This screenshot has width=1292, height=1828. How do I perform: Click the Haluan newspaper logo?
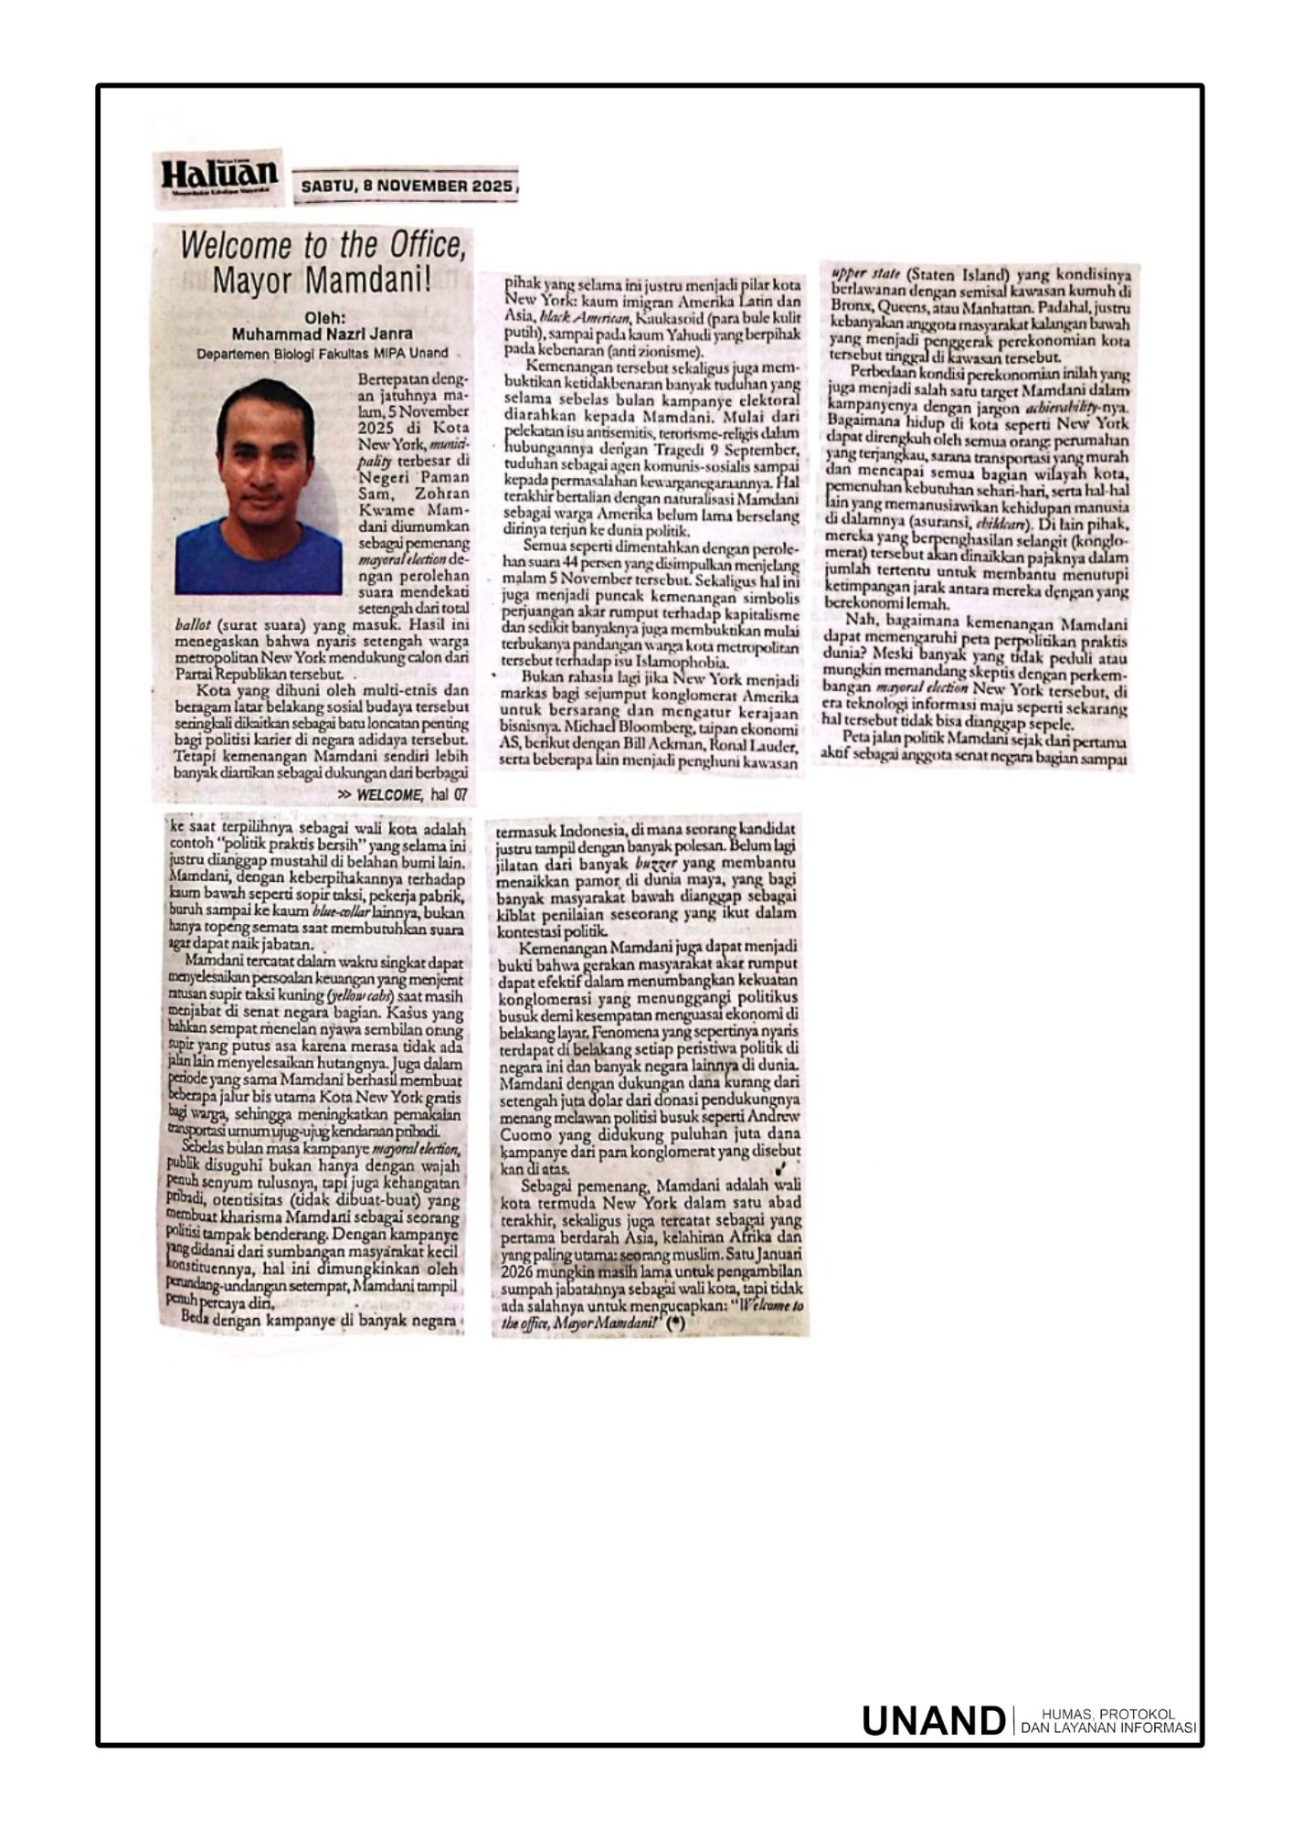pos(219,175)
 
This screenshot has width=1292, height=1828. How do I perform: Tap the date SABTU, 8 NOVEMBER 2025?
pos(407,186)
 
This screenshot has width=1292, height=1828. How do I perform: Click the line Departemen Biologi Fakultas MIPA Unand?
pos(322,353)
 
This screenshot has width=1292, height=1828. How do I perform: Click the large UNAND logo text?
pos(933,1720)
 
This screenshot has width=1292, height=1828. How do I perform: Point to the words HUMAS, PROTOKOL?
pos(1107,1713)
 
